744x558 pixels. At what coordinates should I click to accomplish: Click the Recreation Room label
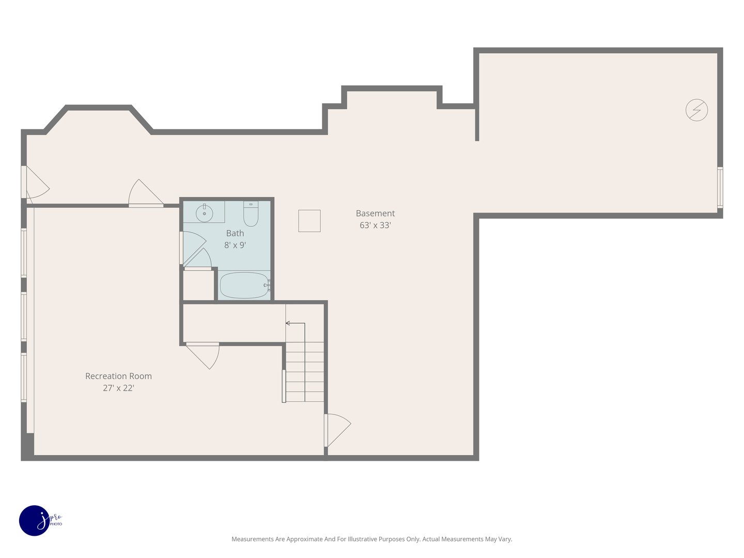tap(118, 376)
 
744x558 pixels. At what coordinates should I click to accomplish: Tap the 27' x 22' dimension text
tap(118, 388)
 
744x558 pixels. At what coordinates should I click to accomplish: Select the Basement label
tap(375, 213)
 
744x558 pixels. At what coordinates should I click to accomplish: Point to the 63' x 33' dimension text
tap(375, 225)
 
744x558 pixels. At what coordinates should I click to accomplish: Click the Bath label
tap(235, 234)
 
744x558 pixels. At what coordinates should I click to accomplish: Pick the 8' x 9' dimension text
tap(235, 245)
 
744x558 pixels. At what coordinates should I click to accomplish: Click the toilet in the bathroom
tap(251, 214)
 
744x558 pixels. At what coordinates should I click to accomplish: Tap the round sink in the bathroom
tap(205, 213)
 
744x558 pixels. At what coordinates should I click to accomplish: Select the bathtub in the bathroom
tap(244, 285)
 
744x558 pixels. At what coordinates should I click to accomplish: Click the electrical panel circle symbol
tap(696, 110)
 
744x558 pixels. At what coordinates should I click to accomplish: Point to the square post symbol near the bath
tap(309, 221)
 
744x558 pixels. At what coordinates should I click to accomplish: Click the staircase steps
tap(305, 372)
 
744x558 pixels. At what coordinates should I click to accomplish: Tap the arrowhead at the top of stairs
tap(288, 323)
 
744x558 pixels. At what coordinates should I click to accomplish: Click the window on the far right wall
tap(720, 187)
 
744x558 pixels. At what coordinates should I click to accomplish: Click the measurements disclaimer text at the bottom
tap(371, 539)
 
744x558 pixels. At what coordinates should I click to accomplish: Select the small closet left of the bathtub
tap(198, 285)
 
